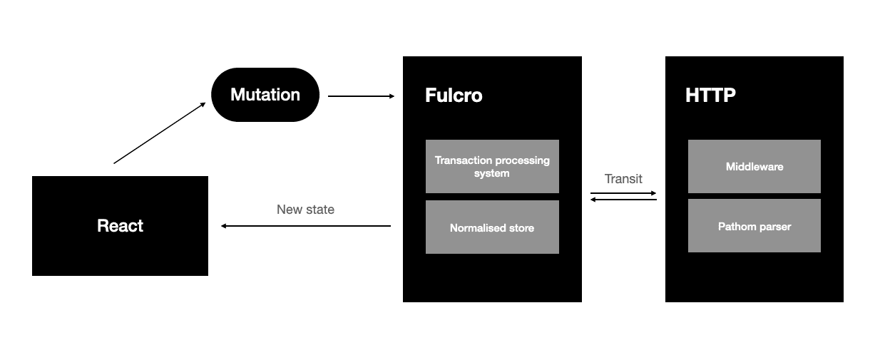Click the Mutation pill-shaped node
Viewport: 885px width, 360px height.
(265, 95)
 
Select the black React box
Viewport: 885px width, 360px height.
(120, 226)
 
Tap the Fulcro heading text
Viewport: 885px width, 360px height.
(454, 96)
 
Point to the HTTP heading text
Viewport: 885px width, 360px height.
(710, 96)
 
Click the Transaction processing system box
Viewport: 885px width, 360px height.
(492, 166)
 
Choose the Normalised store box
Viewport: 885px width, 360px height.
(492, 227)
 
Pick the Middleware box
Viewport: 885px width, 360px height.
(754, 167)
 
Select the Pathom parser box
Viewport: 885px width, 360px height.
(754, 226)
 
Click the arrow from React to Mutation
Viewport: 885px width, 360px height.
(159, 133)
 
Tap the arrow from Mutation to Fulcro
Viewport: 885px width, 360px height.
(361, 96)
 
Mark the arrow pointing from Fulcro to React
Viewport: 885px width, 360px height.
(306, 226)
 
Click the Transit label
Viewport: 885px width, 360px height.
(623, 179)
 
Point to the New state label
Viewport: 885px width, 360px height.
(305, 210)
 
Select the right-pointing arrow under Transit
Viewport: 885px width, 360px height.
(623, 193)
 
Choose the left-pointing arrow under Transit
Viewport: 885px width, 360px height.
(623, 200)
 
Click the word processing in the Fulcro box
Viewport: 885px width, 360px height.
(523, 160)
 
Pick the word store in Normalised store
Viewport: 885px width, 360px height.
(521, 228)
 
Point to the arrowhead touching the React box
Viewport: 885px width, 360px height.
(224, 226)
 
